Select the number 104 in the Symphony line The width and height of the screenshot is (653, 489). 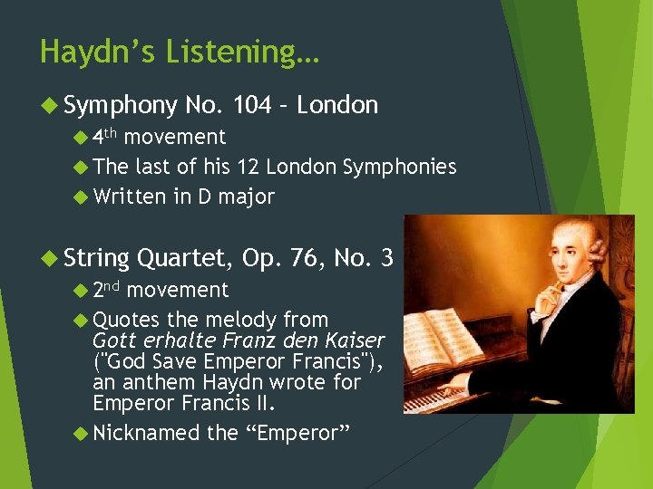251,105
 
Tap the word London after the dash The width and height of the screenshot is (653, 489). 337,105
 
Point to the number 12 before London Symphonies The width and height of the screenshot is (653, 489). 248,167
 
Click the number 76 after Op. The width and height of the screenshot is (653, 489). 309,259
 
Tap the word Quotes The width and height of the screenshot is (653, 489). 126,320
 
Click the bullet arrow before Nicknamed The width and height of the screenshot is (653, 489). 80,434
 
